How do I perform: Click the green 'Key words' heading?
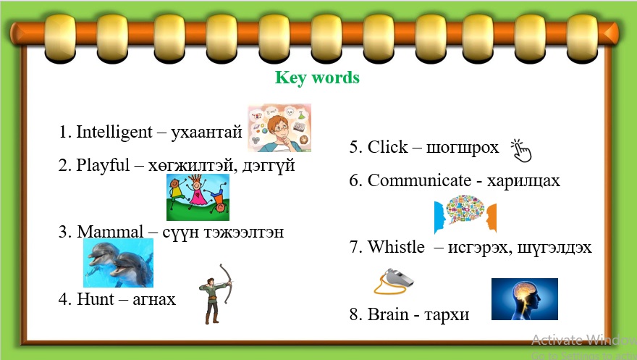pos(317,78)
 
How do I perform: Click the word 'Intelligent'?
pos(114,132)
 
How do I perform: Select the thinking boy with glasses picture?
pos(279,127)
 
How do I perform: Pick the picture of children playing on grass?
pos(198,197)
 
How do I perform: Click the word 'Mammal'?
pos(111,232)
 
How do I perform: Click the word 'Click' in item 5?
pos(388,147)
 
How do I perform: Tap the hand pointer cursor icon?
pos(520,150)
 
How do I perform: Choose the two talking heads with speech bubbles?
pos(465,214)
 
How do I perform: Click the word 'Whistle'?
pos(396,247)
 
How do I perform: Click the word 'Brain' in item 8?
pos(388,314)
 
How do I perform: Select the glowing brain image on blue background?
pos(524,298)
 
